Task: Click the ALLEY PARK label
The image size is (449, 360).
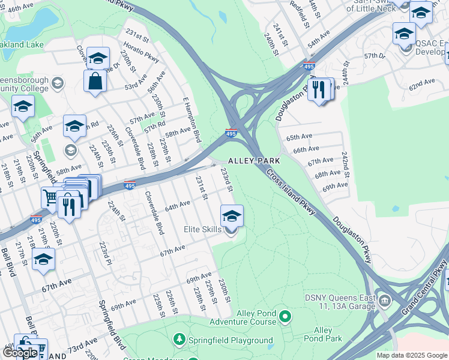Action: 254,161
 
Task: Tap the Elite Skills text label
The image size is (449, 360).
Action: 203,229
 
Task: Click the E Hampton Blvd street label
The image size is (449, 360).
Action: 190,119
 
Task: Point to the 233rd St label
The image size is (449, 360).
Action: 226,180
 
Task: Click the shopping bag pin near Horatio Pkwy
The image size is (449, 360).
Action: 95,80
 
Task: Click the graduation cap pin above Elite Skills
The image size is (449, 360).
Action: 232,215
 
